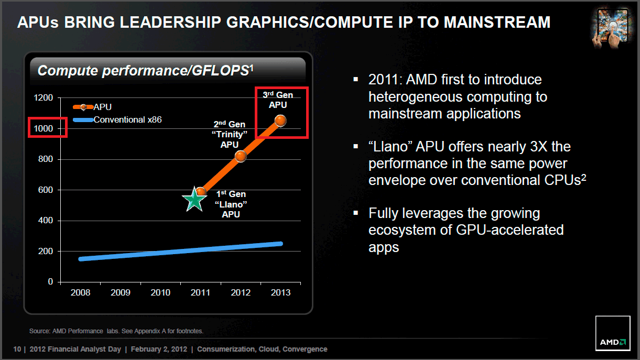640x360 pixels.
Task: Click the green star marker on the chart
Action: click(194, 200)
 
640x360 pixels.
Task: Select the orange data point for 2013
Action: click(280, 121)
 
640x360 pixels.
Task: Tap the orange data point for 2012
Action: click(240, 156)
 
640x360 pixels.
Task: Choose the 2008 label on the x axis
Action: click(80, 292)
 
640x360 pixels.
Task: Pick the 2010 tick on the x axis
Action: click(160, 292)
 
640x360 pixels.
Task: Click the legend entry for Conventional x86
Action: click(127, 119)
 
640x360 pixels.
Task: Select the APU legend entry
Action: click(102, 107)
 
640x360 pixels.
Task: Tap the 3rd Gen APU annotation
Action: click(278, 100)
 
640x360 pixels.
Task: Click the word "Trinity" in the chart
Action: click(229, 135)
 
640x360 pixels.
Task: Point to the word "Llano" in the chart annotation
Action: click(231, 204)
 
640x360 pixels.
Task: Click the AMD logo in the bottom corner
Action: click(613, 342)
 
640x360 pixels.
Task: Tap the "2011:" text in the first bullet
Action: click(384, 80)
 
